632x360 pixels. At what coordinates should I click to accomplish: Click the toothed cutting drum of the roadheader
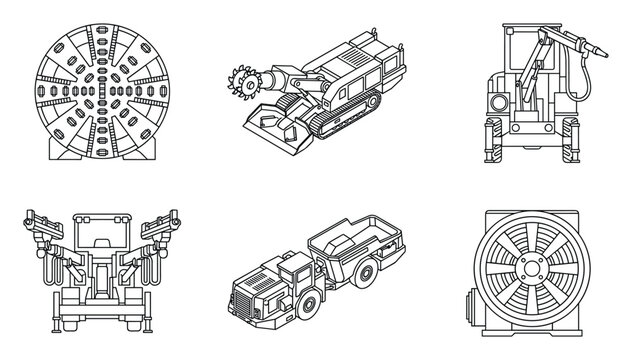click(x=243, y=79)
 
